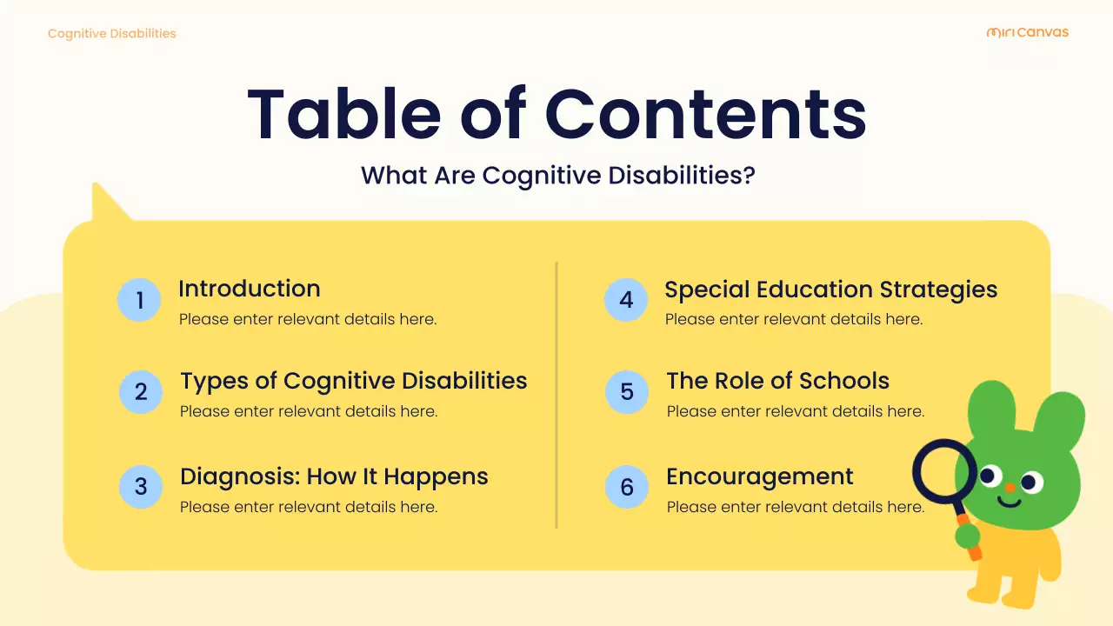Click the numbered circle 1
click(x=139, y=300)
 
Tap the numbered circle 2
click(x=141, y=392)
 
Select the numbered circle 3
click(x=141, y=487)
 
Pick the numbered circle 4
click(x=626, y=300)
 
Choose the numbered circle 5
click(x=627, y=392)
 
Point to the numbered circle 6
click(x=627, y=487)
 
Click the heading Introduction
click(x=250, y=289)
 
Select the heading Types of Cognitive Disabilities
click(x=353, y=381)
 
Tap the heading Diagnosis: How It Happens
click(x=334, y=476)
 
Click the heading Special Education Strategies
click(x=830, y=290)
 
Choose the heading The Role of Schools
click(x=777, y=381)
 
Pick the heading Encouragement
click(x=759, y=476)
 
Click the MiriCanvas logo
click(x=1027, y=33)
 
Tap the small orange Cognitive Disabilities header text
click(x=111, y=34)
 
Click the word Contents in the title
click(x=705, y=114)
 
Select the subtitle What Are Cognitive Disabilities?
click(x=557, y=176)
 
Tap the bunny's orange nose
click(x=1010, y=489)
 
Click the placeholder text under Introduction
click(x=308, y=319)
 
